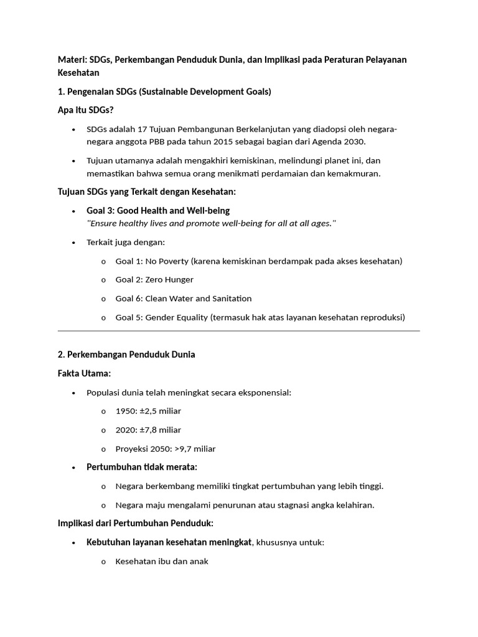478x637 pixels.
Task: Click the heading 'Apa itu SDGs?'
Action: click(x=85, y=110)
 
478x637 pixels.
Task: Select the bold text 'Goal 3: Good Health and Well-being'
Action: click(x=158, y=211)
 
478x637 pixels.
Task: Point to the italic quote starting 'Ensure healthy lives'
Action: click(x=212, y=223)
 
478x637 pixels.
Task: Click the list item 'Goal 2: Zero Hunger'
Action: click(x=154, y=280)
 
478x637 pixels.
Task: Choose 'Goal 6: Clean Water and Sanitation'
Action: click(x=184, y=299)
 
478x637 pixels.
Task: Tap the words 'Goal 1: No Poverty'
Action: click(x=152, y=261)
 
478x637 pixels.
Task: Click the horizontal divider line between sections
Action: click(x=239, y=331)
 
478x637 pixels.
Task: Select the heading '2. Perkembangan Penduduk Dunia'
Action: click(x=126, y=355)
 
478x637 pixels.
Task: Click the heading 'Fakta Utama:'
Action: click(x=84, y=373)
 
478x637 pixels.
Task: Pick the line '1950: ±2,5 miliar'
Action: click(x=148, y=411)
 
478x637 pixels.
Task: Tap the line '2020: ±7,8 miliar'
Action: click(x=148, y=430)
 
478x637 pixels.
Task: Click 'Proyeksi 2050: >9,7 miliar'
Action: click(x=166, y=449)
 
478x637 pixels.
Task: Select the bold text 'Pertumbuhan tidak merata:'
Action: click(x=142, y=467)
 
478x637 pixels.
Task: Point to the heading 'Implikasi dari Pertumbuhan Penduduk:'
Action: click(x=136, y=523)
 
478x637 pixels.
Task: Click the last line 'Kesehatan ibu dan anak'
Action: click(x=162, y=561)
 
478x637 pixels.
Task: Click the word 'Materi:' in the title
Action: click(x=72, y=60)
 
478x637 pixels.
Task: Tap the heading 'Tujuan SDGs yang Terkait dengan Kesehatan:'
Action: click(x=147, y=192)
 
